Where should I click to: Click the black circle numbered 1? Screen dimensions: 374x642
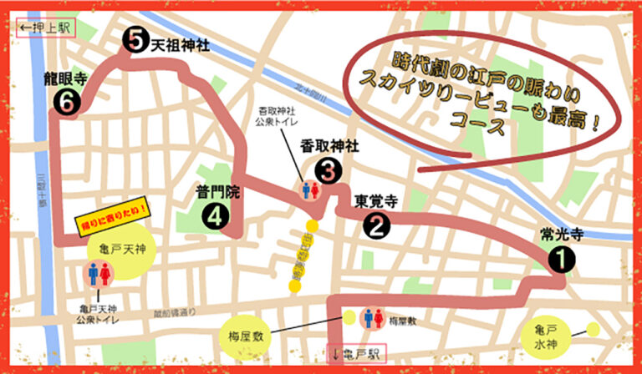coord(562,260)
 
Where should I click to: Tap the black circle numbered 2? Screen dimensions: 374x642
coord(376,224)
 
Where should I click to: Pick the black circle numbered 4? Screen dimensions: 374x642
coord(215,216)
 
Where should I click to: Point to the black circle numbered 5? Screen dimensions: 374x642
coord(134,39)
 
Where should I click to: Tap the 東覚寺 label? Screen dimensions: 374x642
coord(374,200)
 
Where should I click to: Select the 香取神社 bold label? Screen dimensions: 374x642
coord(329,146)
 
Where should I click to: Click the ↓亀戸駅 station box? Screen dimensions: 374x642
coord(356,353)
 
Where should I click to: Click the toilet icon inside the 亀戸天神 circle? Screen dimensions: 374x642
coord(99,273)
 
